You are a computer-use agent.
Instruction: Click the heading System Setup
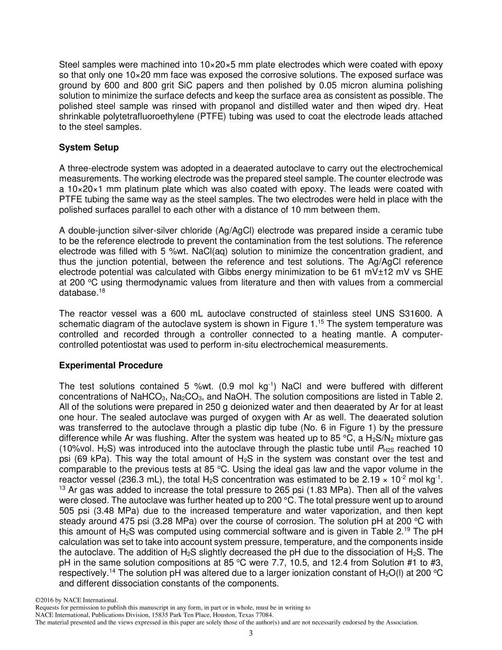tap(89, 148)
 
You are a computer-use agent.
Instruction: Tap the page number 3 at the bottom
tap(251, 634)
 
